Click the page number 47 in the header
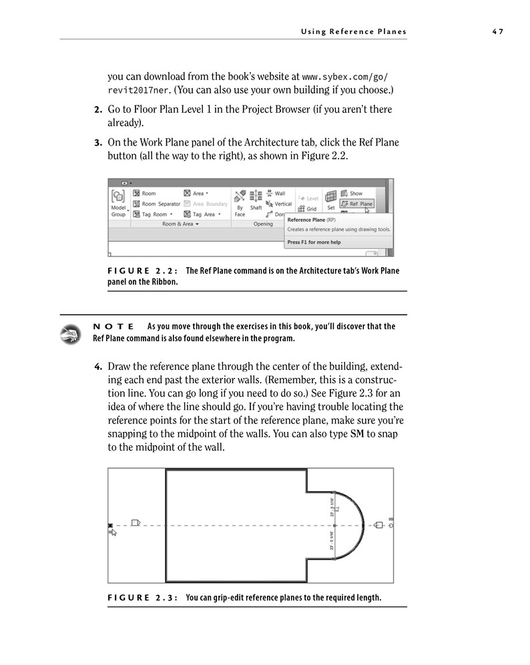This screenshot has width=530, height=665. click(497, 31)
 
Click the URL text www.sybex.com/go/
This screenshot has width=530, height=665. click(344, 76)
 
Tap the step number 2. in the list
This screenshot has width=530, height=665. click(97, 109)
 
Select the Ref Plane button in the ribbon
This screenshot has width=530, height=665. click(356, 204)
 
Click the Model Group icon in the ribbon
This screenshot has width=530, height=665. click(118, 196)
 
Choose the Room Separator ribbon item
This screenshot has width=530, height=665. click(157, 204)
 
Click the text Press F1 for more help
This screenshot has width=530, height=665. click(314, 242)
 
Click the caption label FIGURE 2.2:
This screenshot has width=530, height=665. click(142, 270)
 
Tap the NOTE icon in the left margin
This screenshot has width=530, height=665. click(69, 333)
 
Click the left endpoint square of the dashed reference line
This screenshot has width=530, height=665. click(110, 526)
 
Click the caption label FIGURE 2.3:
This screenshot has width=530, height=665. click(142, 598)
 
